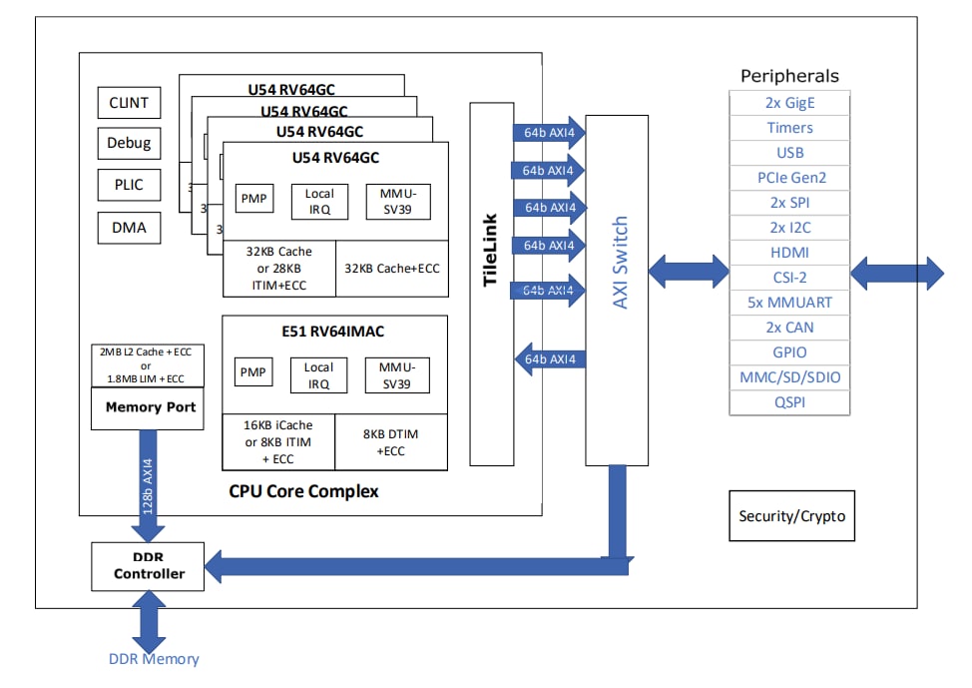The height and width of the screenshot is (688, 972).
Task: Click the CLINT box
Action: coord(129,103)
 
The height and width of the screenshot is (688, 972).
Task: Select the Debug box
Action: coord(129,143)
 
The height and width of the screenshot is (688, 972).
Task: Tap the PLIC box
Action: coord(129,185)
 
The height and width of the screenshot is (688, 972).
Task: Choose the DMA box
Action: coord(129,228)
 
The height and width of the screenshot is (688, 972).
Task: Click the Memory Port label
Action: coord(151,408)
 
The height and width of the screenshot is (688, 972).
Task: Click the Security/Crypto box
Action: coord(791,516)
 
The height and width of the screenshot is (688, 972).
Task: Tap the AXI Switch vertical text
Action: coord(620,263)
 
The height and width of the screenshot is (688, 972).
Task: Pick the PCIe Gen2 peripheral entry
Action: coord(790,178)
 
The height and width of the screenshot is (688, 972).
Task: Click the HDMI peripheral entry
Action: coord(790,253)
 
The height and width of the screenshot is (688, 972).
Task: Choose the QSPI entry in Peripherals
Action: coord(790,402)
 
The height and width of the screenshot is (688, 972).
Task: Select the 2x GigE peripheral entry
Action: coord(790,103)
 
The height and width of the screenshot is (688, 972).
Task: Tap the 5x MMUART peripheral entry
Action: coord(790,303)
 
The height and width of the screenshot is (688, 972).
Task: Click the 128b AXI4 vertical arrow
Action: coord(149,485)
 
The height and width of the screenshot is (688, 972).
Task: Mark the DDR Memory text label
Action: coord(154,659)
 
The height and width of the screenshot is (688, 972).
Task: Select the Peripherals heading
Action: coord(789,76)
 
